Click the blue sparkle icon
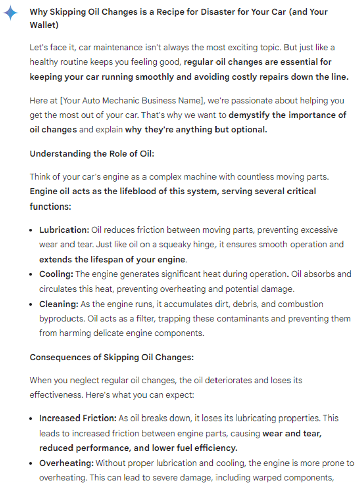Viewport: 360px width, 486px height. click(x=11, y=13)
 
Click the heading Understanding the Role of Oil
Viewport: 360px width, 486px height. click(x=92, y=154)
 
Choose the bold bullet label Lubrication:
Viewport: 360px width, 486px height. click(x=64, y=230)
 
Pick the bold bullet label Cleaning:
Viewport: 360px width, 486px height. click(x=58, y=304)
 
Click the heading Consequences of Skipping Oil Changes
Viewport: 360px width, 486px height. click(x=112, y=357)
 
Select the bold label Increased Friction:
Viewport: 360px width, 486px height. click(x=78, y=418)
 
